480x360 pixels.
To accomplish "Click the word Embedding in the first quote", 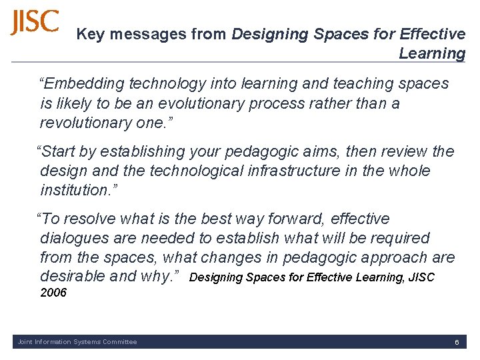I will point(82,84).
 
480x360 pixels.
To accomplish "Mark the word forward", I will point(295,219).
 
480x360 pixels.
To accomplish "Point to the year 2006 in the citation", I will point(53,293).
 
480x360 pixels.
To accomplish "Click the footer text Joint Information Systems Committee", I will point(77,342).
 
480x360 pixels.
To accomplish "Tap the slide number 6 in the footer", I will point(457,342).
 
